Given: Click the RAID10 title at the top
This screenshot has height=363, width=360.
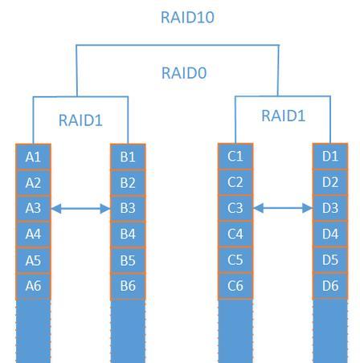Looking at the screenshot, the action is point(187,18).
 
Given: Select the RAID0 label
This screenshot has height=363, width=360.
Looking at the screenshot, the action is point(184,73).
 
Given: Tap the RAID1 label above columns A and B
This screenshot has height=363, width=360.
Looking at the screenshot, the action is point(80,120).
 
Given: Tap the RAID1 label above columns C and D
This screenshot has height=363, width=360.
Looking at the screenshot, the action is point(283,116).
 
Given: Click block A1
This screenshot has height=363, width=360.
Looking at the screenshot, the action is point(33,157).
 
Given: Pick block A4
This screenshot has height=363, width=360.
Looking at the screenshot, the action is point(33,234).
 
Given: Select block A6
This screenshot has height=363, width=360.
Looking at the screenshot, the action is point(33,286).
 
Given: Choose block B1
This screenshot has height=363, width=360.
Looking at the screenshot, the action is point(128,157).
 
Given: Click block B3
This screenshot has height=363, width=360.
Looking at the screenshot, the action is point(128,208).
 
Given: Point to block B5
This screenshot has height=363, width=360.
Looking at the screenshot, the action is point(128,260).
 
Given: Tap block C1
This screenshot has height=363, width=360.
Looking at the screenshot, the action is point(235,156).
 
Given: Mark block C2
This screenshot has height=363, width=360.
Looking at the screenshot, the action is point(235,182).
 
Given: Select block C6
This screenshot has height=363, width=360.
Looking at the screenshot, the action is point(235,285).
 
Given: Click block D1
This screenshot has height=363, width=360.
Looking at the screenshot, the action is point(330,156).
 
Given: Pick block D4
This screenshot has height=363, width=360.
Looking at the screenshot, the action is point(330,234).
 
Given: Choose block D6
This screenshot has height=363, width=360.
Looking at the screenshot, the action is point(330,285).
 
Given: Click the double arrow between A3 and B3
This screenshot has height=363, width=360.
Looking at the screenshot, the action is point(80,209).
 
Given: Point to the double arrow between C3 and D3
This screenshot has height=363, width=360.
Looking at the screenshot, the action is point(283,208).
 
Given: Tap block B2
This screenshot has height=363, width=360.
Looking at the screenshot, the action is point(128,183).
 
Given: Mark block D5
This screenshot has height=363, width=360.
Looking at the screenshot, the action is point(330,259).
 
